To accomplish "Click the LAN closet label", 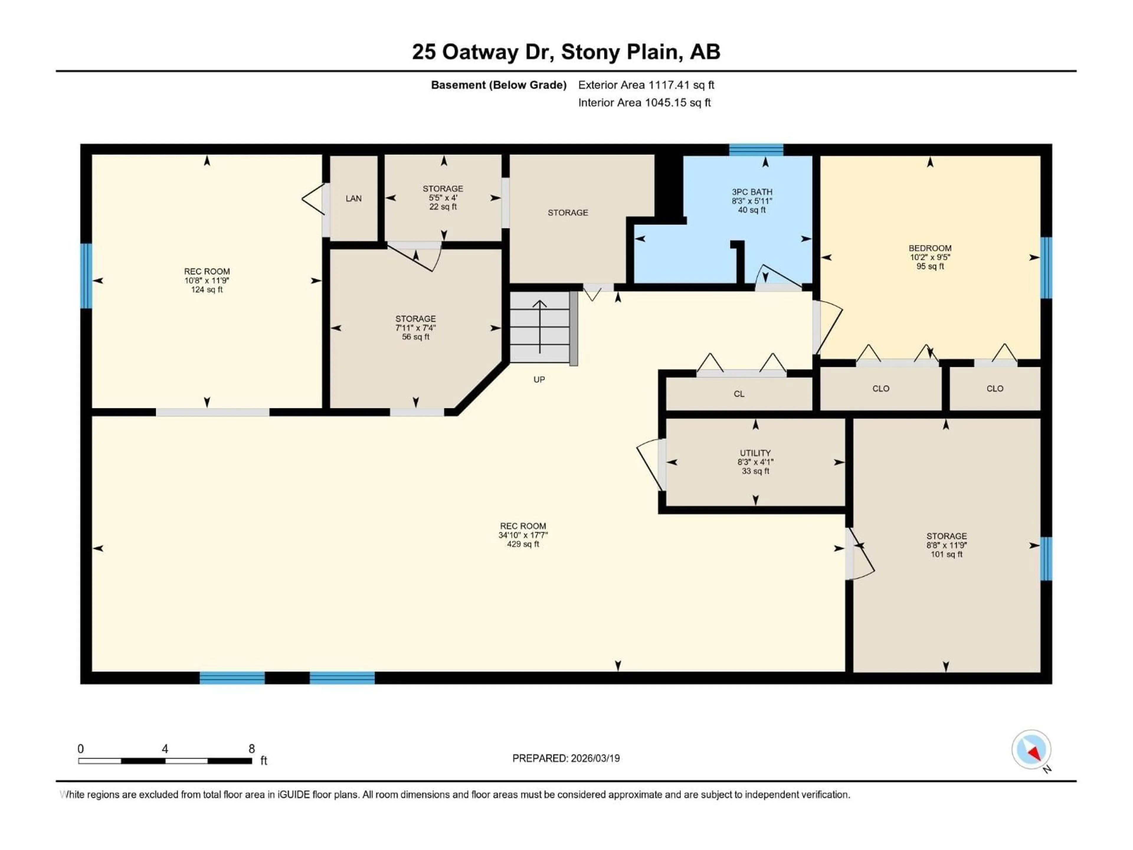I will tap(353, 198).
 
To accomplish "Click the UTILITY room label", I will tap(755, 453).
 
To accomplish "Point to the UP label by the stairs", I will tap(539, 380).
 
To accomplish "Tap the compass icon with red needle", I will tap(1031, 750).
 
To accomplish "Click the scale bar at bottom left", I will tap(165, 761).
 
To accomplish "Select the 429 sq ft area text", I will tap(523, 544).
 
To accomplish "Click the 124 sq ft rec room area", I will tap(207, 290).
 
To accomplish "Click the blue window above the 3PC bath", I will tap(756, 150).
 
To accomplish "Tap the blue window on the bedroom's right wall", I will tap(1046, 267).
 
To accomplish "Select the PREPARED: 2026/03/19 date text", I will tap(566, 758).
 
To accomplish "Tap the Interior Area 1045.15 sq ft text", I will tap(644, 102).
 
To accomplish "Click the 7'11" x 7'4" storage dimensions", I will tap(415, 328).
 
